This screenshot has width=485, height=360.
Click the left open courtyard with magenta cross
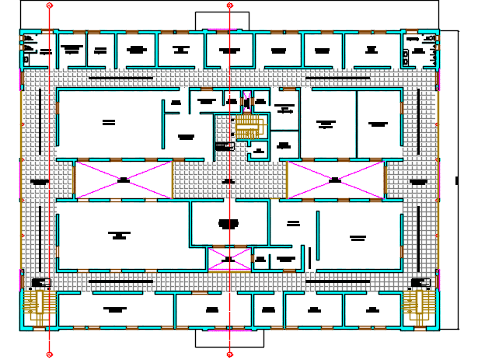(x=123, y=180)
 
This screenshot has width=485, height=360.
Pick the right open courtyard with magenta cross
(x=335, y=180)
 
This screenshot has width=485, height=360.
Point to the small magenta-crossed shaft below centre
(x=228, y=260)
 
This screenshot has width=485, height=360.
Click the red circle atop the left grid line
(x=49, y=5)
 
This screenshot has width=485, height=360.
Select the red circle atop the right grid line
(x=230, y=5)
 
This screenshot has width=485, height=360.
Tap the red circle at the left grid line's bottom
(x=49, y=355)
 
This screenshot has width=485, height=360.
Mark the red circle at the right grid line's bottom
(x=230, y=355)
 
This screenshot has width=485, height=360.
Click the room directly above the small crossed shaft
(x=229, y=223)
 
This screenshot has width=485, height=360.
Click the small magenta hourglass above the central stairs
(x=247, y=102)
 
